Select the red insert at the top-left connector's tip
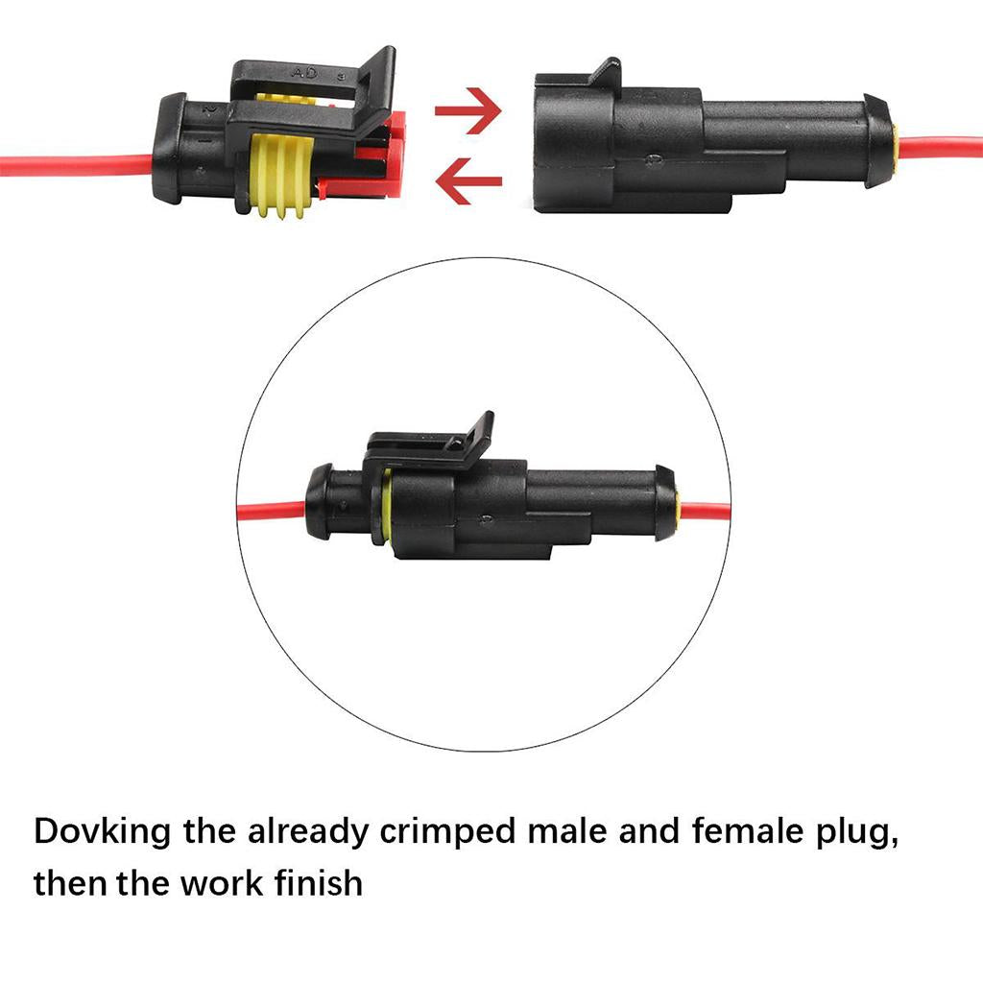(392, 154)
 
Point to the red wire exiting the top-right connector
(941, 149)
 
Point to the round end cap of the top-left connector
(172, 149)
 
